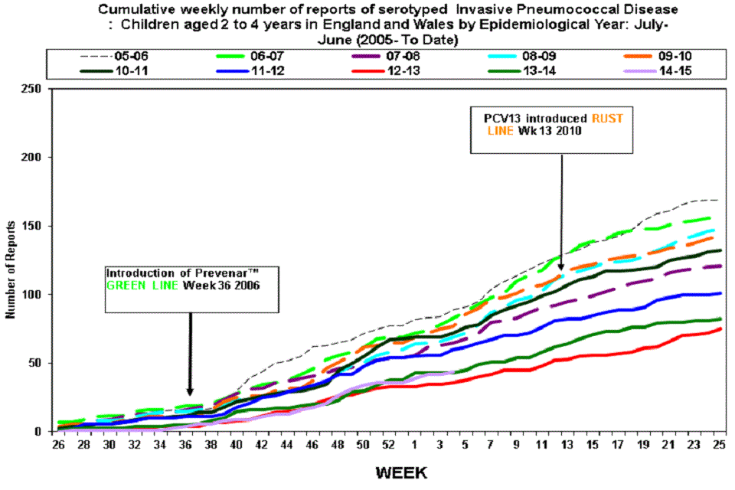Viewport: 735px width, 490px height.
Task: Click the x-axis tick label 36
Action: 189,445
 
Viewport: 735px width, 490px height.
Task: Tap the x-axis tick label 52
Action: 390,445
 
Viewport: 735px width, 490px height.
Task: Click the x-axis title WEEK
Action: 401,472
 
